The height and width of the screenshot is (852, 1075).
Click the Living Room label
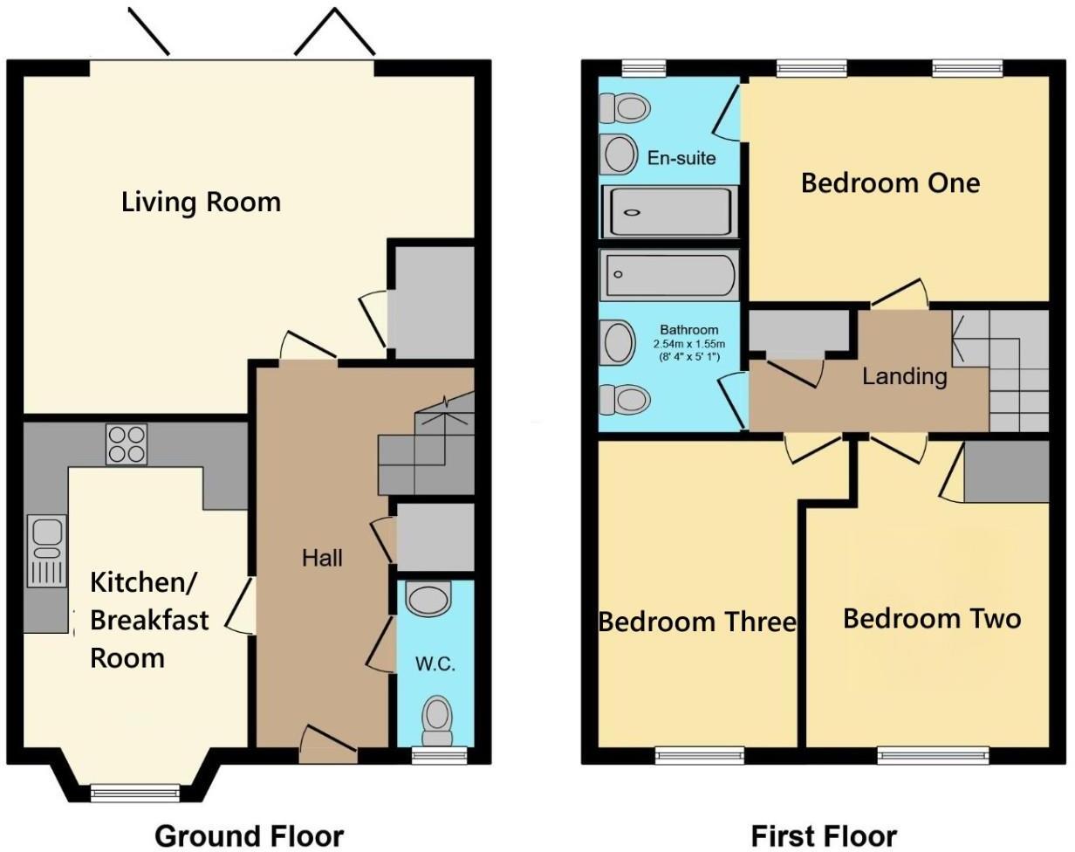(x=201, y=203)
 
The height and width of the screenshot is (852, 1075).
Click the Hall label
(x=322, y=558)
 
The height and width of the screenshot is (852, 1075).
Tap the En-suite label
(x=681, y=158)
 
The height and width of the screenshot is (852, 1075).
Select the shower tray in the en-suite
(x=669, y=211)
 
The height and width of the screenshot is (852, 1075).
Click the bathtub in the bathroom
(x=669, y=274)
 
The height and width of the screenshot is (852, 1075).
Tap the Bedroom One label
(x=890, y=183)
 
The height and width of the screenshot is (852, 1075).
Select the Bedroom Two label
(x=931, y=619)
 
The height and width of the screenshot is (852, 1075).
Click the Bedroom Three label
(x=696, y=622)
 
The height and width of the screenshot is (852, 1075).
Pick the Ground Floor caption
(x=249, y=835)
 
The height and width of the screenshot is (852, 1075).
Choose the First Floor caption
(x=824, y=835)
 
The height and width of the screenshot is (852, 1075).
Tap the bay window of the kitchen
(x=135, y=793)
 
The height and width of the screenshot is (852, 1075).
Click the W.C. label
(x=435, y=664)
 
